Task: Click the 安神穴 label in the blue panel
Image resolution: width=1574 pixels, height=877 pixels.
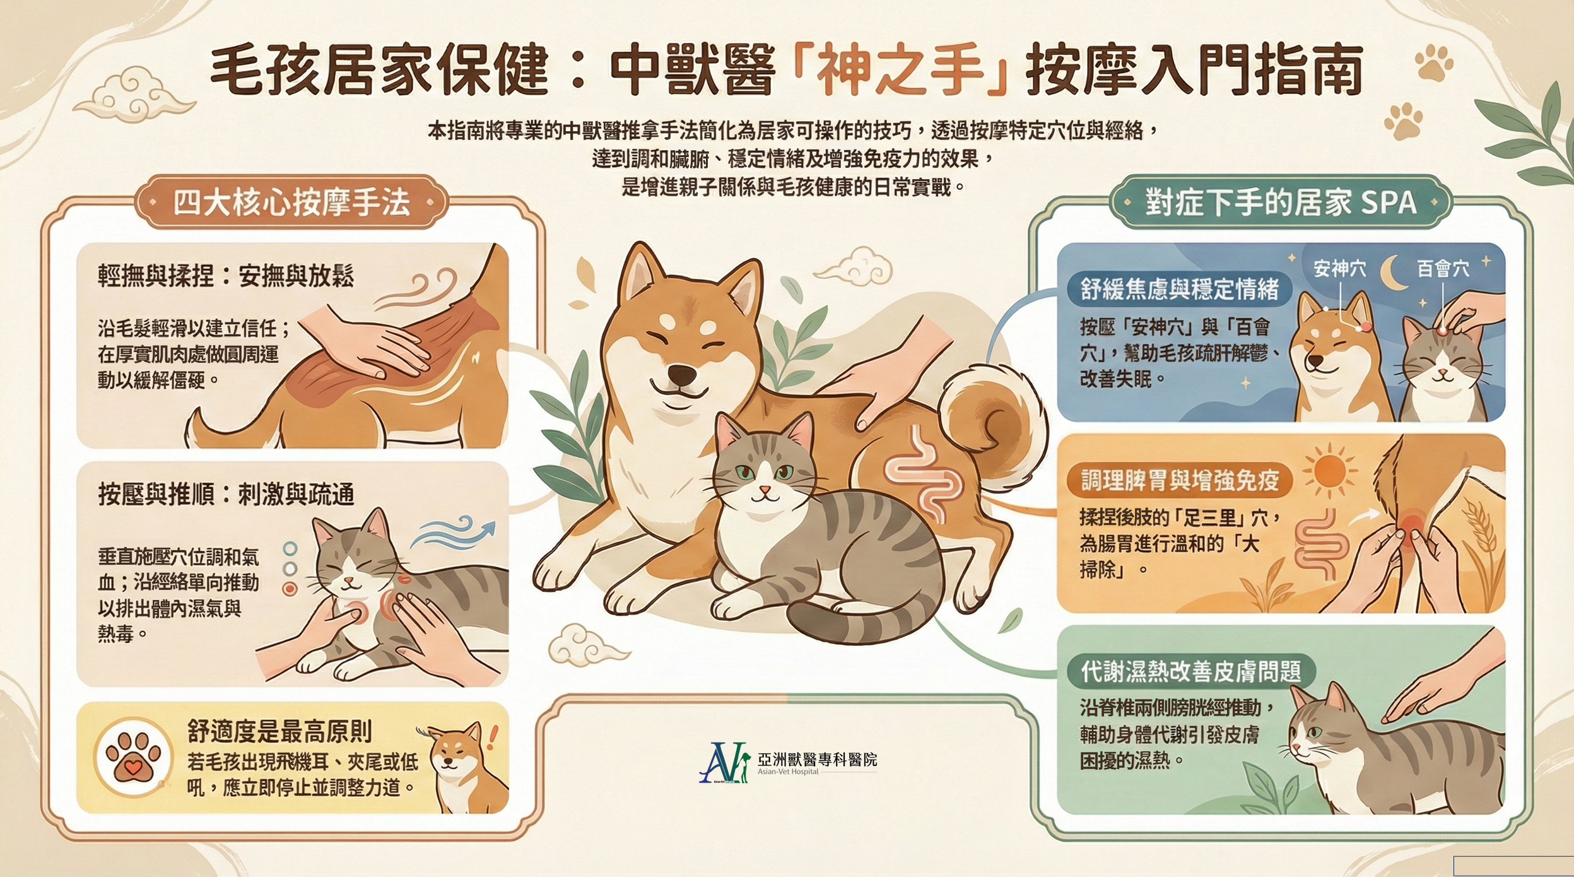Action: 1339,269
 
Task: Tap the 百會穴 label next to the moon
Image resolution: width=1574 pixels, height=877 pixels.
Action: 1443,269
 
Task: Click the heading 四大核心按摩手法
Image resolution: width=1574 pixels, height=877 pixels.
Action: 291,203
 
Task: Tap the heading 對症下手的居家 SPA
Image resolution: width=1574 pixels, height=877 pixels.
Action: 1281,203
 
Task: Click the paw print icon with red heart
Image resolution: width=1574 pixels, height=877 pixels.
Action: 132,756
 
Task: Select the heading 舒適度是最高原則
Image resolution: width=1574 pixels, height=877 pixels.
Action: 279,731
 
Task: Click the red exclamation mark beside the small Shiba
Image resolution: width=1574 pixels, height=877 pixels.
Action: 493,738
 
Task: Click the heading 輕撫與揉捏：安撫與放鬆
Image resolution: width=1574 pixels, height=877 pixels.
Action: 225,276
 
